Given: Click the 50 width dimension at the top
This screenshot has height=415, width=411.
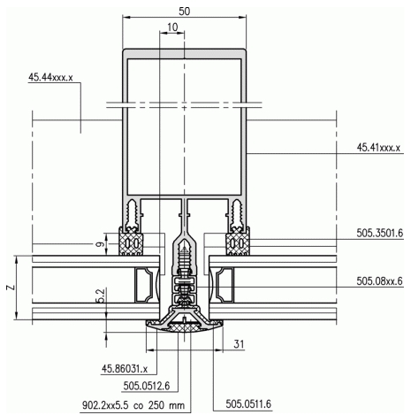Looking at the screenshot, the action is click(x=185, y=12).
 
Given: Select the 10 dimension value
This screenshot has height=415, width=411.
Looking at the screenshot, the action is click(x=172, y=27).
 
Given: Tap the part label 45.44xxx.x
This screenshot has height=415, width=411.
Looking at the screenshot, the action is click(x=50, y=77).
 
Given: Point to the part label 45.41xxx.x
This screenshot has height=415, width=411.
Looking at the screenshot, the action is click(x=378, y=147).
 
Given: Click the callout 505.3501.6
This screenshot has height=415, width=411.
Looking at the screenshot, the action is click(x=379, y=233).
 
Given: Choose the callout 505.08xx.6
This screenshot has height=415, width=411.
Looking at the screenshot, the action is click(x=379, y=281).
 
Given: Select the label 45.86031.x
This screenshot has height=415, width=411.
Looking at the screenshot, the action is click(x=125, y=369).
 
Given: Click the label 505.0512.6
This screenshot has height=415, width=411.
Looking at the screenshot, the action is click(x=147, y=386).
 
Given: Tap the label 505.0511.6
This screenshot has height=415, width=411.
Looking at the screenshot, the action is click(x=248, y=403).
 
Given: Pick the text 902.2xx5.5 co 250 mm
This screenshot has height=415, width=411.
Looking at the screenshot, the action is click(x=133, y=405).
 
